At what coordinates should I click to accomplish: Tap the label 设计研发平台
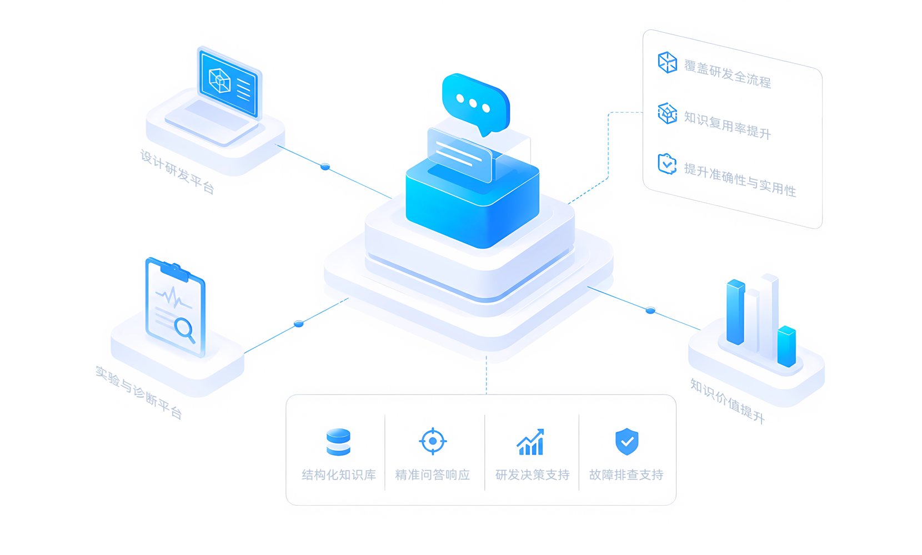[177, 171]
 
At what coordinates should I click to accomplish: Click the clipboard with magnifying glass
[176, 306]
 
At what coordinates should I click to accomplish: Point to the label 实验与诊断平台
[139, 392]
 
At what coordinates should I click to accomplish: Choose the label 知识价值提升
[727, 401]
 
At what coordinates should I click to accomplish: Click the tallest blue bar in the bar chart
[735, 311]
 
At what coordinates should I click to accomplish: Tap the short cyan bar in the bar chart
[786, 346]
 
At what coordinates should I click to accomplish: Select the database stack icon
[338, 442]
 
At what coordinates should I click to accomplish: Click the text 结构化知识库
[339, 475]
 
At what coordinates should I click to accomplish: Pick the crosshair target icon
[433, 441]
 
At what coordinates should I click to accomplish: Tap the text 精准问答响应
[433, 475]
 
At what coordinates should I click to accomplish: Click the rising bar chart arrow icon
[530, 442]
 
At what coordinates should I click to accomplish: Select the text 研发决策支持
[532, 475]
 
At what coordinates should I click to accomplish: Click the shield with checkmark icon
[627, 441]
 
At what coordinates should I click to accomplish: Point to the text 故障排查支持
[627, 475]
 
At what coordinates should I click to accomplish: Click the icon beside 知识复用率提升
[667, 113]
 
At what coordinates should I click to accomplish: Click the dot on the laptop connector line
[325, 167]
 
